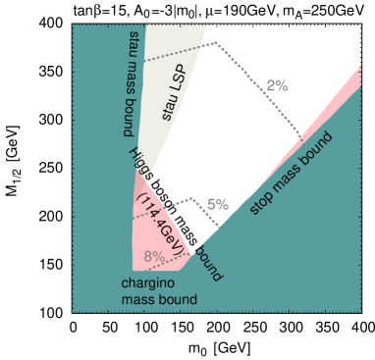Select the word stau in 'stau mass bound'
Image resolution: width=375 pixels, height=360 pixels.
(x=134, y=43)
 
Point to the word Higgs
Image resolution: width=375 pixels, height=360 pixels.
(x=138, y=163)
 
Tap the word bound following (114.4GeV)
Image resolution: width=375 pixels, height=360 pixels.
(x=208, y=264)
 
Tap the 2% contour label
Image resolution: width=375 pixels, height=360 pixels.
(x=277, y=85)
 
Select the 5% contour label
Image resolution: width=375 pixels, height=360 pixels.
(x=217, y=204)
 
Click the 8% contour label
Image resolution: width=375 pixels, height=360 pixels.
(x=154, y=257)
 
